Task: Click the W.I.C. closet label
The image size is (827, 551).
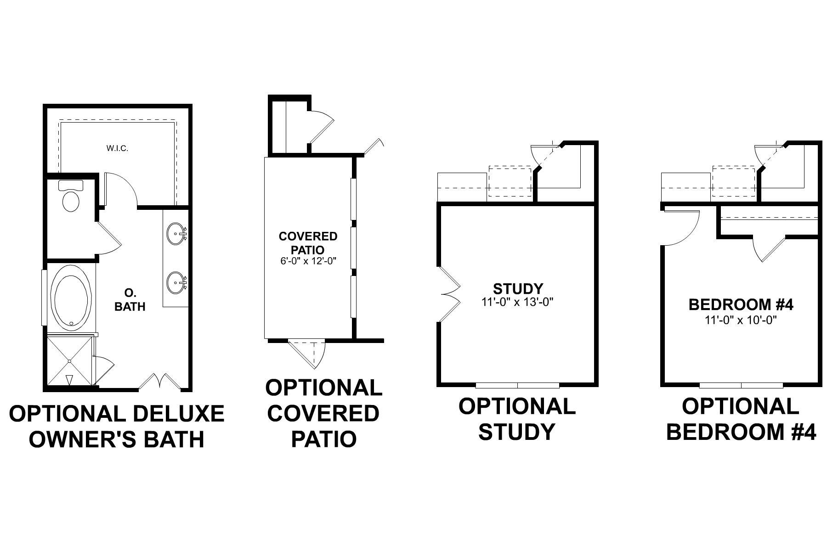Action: pyautogui.click(x=117, y=148)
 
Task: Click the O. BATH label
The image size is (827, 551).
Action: pyautogui.click(x=130, y=300)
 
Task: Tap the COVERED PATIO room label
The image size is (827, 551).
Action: pyautogui.click(x=308, y=243)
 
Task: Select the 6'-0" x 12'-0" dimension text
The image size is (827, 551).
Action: pyautogui.click(x=308, y=261)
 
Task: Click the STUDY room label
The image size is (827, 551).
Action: pyautogui.click(x=518, y=289)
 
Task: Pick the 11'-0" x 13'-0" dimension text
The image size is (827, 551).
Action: pyautogui.click(x=518, y=302)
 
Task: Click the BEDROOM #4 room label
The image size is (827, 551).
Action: pyautogui.click(x=741, y=304)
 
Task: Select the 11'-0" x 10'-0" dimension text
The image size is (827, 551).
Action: pyautogui.click(x=741, y=320)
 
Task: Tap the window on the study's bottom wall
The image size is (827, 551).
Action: pyautogui.click(x=518, y=385)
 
